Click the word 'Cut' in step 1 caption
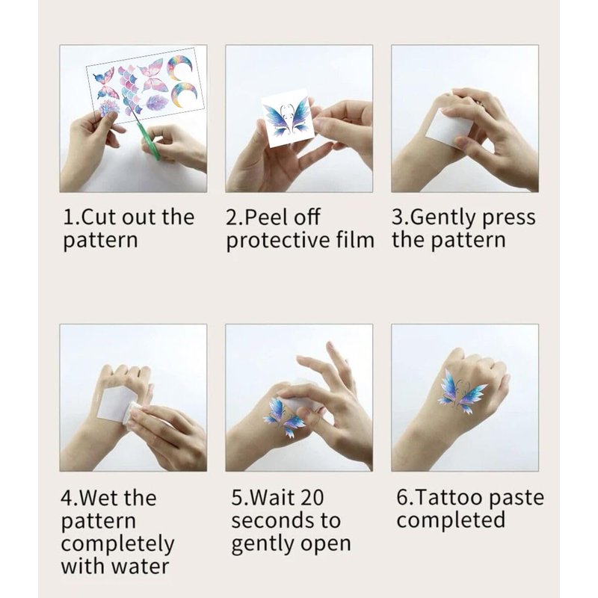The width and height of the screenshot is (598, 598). click(100, 217)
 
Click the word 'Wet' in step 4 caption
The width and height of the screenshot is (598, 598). click(100, 498)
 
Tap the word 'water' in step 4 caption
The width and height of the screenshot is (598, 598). click(143, 567)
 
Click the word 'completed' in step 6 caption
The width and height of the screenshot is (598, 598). click(451, 521)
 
